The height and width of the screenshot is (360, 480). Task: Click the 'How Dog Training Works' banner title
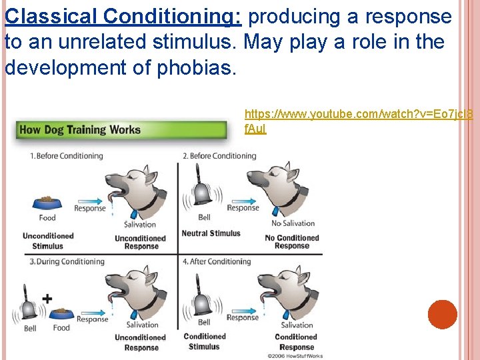pos(80,129)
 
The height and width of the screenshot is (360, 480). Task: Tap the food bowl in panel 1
pos(47,202)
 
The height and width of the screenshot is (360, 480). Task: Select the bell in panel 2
pos(202,192)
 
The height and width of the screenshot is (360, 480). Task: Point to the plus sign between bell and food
pos(47,298)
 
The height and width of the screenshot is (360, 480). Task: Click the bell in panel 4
pos(203,303)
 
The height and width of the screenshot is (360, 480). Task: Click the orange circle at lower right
pos(443,314)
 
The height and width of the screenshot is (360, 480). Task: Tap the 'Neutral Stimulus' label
pos(211,233)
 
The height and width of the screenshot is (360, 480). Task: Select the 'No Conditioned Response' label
pos(291,242)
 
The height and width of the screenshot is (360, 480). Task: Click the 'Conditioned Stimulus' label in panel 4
pos(204,341)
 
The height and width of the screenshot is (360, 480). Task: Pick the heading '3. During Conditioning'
pos(67,262)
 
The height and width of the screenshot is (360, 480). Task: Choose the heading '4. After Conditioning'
pos(217,262)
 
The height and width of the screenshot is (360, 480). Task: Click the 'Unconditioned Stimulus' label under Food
pos(48,241)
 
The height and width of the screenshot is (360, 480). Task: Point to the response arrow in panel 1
pos(91,199)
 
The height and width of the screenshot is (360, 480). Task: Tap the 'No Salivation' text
pos(293,223)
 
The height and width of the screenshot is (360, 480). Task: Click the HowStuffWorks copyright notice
pos(295,356)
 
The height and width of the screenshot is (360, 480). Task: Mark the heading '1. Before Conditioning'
pos(66,156)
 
